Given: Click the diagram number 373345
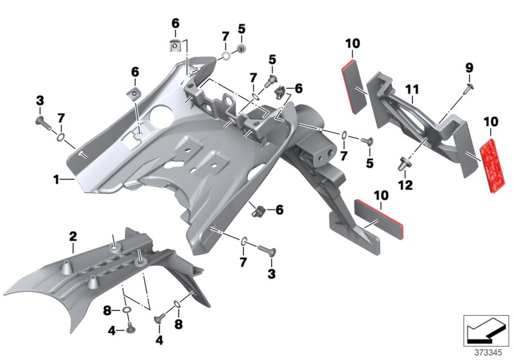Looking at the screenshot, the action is click(488, 353).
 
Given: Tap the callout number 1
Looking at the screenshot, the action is click(57, 179).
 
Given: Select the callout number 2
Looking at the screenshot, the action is click(73, 237).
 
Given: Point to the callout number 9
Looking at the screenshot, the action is click(470, 68).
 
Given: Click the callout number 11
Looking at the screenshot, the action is click(412, 89).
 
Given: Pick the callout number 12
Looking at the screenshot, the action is click(405, 185).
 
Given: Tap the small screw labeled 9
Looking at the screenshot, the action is click(468, 88).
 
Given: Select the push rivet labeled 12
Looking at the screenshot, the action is click(403, 163).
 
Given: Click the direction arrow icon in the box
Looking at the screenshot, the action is click(486, 330).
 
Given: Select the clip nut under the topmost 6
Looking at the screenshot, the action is click(175, 45).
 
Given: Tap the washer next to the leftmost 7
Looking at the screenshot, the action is click(60, 137).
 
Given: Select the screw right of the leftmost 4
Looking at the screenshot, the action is click(160, 318).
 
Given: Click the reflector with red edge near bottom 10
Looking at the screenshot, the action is click(378, 219).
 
